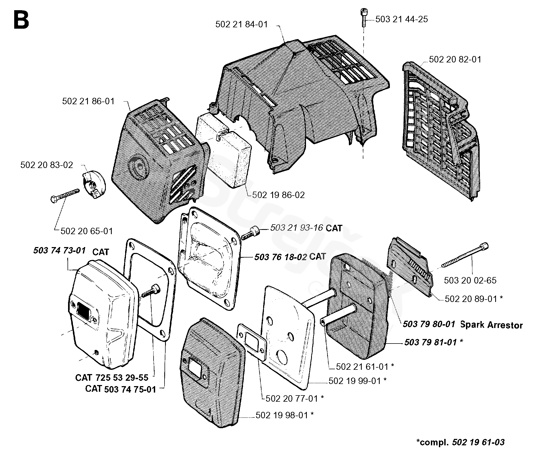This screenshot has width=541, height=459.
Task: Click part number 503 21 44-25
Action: coord(401,19)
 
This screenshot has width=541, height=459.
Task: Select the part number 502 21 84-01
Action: coord(241,24)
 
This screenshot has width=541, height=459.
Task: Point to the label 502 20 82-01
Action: coord(455,59)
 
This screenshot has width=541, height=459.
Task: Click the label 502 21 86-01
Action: coord(88,101)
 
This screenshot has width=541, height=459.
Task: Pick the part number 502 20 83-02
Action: coord(47,165)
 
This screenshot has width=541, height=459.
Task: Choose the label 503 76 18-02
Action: coord(280,257)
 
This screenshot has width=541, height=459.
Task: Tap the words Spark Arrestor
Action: coord(491,325)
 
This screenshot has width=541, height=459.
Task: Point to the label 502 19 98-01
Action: coord(282,415)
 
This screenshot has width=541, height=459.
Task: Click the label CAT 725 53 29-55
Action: coord(112,378)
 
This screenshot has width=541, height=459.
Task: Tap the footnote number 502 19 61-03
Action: coord(478,442)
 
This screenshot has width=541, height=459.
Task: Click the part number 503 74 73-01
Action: coord(59,251)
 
